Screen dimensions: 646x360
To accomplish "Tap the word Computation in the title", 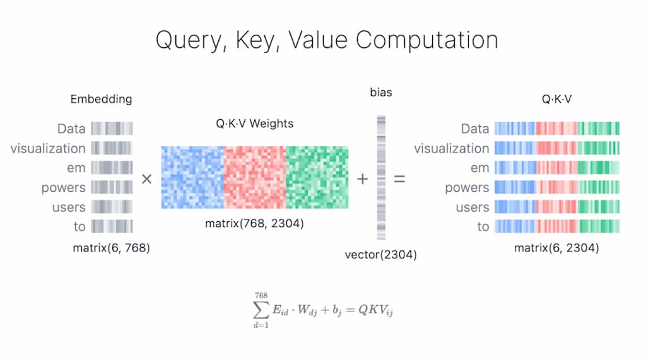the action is click(427, 40).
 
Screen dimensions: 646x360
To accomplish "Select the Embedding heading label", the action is click(101, 100).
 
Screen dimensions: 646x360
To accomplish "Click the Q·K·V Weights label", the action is click(255, 124).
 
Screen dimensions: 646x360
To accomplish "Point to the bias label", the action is click(381, 92).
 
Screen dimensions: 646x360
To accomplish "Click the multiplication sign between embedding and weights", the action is click(146, 179).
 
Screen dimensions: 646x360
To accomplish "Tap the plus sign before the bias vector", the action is click(363, 179).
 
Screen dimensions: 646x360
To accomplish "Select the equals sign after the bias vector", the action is click(399, 179).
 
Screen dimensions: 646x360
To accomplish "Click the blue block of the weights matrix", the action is click(192, 178).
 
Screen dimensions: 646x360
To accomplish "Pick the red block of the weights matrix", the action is click(255, 178).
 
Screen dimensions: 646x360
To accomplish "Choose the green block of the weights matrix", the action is click(317, 178).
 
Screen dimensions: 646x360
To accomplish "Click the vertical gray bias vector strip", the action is click(381, 178).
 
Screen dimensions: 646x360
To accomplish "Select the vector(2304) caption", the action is click(380, 255).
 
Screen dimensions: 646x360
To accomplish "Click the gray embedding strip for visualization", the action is click(112, 148).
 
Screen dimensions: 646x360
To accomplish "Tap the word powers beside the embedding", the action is click(64, 188).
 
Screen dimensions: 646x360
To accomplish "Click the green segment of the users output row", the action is click(599, 207).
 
